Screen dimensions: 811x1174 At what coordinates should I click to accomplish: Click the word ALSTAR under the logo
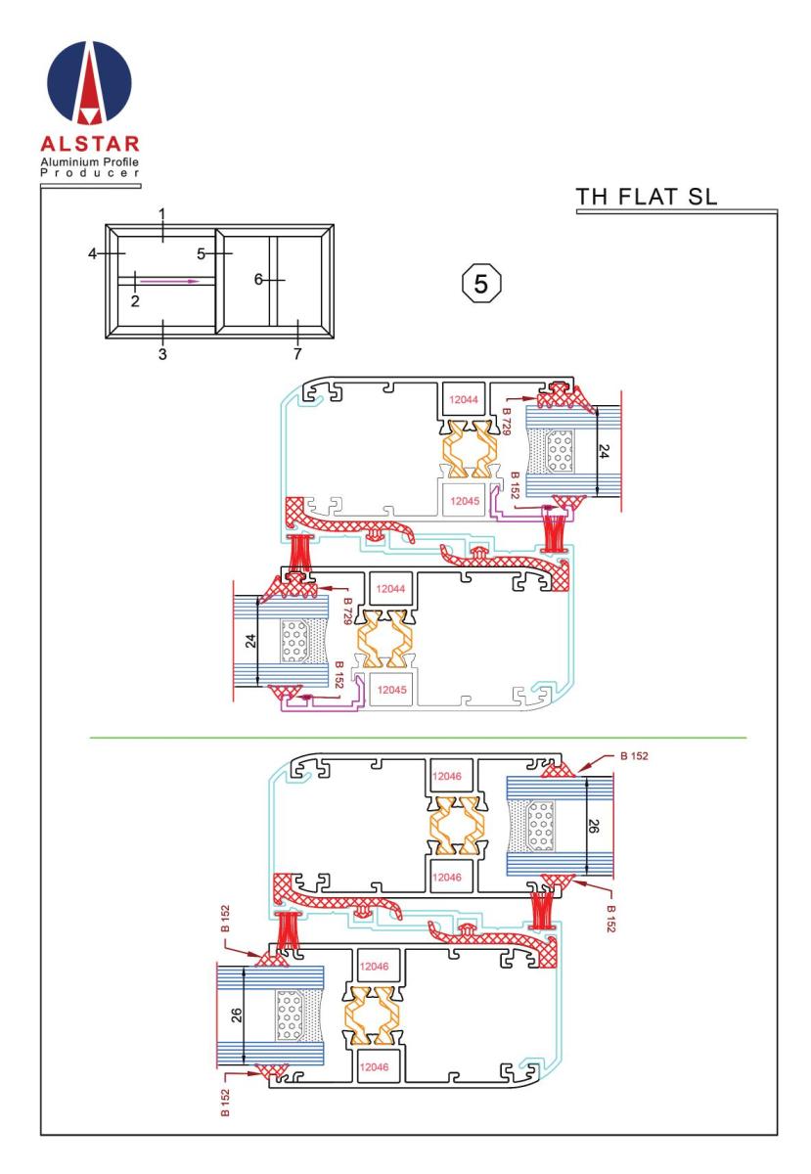(90, 144)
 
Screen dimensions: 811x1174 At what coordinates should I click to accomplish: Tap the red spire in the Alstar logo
(89, 84)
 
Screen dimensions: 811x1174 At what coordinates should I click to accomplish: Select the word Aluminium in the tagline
(68, 161)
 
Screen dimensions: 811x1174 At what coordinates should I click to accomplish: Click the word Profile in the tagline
(119, 161)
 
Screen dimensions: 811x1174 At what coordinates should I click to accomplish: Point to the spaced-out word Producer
(90, 173)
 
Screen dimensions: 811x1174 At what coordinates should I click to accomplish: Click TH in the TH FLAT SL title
(591, 197)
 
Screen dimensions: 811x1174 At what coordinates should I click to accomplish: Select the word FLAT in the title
(647, 197)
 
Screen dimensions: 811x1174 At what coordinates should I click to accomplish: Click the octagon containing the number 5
(480, 284)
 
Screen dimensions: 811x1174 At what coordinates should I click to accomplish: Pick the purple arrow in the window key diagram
(170, 281)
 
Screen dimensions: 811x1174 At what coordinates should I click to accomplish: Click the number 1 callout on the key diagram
(162, 214)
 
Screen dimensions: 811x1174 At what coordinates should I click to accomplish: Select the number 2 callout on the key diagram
(135, 301)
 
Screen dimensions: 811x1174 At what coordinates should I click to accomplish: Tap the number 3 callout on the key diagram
(162, 354)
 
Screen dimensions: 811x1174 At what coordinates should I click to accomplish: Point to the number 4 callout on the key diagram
(93, 253)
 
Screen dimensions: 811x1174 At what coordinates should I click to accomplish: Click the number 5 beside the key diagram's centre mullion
(202, 253)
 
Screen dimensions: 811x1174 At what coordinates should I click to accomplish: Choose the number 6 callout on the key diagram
(258, 280)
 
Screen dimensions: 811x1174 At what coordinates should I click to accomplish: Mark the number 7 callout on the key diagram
(297, 354)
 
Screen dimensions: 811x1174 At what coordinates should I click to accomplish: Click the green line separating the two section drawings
(418, 738)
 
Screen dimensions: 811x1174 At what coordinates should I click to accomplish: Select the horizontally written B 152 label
(634, 755)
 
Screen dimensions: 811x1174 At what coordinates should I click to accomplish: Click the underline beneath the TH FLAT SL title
(676, 211)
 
